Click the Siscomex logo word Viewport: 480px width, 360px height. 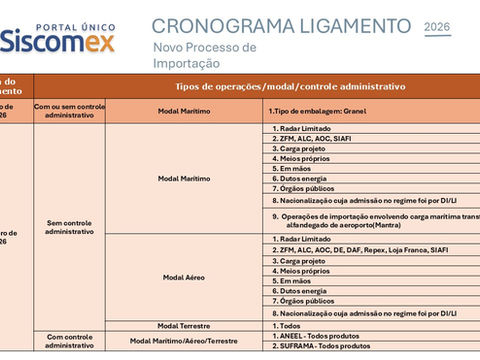(57, 41)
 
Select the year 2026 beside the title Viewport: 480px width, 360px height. (437, 27)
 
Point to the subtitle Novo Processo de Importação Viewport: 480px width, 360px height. (205, 55)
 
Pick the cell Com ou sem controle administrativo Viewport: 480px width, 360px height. (69, 110)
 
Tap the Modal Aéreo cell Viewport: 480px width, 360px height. (184, 276)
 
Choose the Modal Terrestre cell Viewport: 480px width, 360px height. (184, 325)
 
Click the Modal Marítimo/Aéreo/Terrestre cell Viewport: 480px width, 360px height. (184, 341)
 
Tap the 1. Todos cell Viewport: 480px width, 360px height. (288, 325)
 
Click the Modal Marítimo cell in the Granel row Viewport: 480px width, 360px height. (184, 110)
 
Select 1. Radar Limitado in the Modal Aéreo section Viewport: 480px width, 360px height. (305, 239)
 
